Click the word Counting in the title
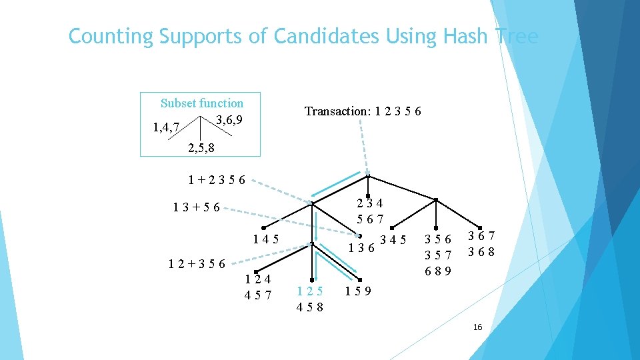coord(111,36)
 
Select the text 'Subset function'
coord(202,103)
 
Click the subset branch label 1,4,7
coord(165,127)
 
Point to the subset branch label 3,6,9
coord(229,120)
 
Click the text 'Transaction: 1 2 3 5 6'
coord(363,111)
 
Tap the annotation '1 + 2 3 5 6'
coord(217,179)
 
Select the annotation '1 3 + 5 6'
coord(197,207)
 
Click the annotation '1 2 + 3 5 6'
coord(197,263)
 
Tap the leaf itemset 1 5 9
coord(359,291)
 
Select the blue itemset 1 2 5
coord(311,291)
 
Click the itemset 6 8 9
coord(439,271)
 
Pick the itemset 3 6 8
coord(481,252)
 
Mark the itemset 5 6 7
coord(369,219)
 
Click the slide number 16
coord(477,327)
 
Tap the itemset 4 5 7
coord(258,295)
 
